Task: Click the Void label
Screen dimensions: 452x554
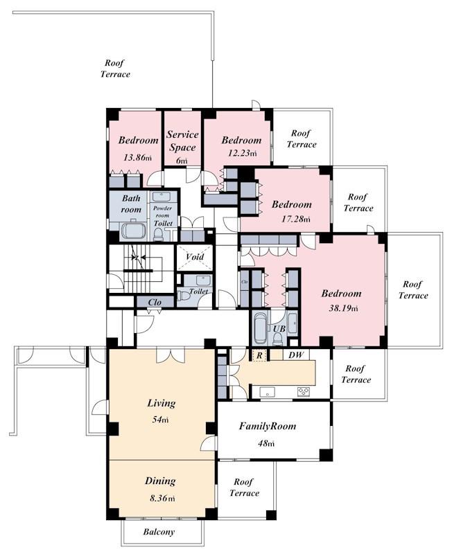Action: (x=195, y=256)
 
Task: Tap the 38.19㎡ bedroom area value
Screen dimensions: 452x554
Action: (x=343, y=308)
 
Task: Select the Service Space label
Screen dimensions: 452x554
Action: (x=182, y=141)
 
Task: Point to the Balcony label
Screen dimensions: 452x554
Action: (x=159, y=532)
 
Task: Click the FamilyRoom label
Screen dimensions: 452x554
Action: (x=268, y=426)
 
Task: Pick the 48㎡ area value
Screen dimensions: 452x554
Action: (x=266, y=443)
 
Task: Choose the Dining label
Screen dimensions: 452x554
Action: (x=160, y=481)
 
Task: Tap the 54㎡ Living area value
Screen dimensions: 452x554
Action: (x=160, y=420)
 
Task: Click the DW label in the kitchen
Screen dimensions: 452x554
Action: (x=296, y=355)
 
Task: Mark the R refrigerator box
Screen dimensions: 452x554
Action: (x=259, y=355)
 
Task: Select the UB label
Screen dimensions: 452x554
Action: (x=279, y=328)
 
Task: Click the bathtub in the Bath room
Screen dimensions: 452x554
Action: (x=134, y=231)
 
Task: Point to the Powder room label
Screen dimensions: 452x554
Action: (x=162, y=212)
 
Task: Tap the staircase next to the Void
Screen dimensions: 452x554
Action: (x=141, y=269)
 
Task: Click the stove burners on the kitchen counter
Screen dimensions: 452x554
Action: (x=304, y=391)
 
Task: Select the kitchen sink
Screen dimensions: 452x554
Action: (x=267, y=391)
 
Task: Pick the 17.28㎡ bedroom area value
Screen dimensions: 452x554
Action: (x=296, y=219)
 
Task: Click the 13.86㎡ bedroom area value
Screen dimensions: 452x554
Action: (x=137, y=157)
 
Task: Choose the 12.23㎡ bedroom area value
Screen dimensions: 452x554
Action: (x=242, y=153)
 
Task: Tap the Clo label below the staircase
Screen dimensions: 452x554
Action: (x=155, y=302)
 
